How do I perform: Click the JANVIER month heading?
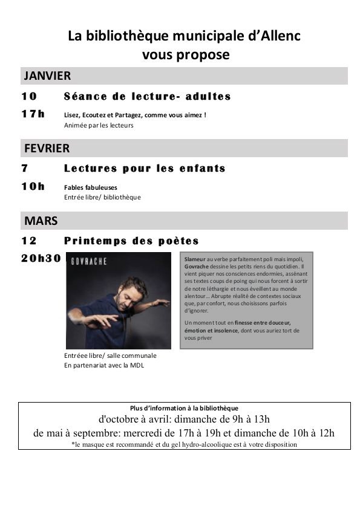click(x=47, y=76)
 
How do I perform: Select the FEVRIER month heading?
click(x=47, y=148)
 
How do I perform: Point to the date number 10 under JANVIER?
click(x=29, y=97)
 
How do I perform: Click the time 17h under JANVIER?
click(x=33, y=114)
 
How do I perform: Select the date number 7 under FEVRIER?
click(x=25, y=169)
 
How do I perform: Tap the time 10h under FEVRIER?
click(x=33, y=186)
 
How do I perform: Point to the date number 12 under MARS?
click(x=29, y=241)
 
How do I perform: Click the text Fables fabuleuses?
click(x=91, y=187)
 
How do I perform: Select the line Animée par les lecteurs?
click(x=99, y=126)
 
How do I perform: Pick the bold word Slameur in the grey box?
click(x=195, y=258)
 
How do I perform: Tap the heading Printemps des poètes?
click(x=131, y=241)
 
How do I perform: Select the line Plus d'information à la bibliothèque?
click(x=184, y=408)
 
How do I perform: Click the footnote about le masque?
click(x=184, y=444)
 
